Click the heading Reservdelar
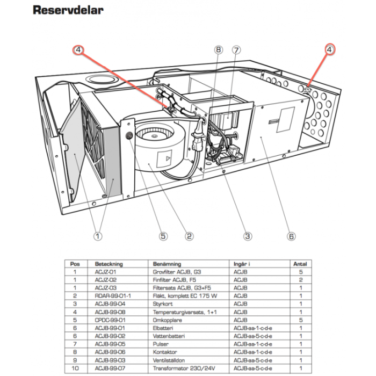tap(68, 10)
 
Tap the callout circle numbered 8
tap(218, 50)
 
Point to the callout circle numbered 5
tap(163, 235)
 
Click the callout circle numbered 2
tap(189, 235)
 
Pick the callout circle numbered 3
tap(248, 235)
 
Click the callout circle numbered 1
tap(97, 235)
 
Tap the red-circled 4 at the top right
tap(328, 49)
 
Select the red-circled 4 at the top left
tap(78, 50)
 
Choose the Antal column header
tap(299, 264)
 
